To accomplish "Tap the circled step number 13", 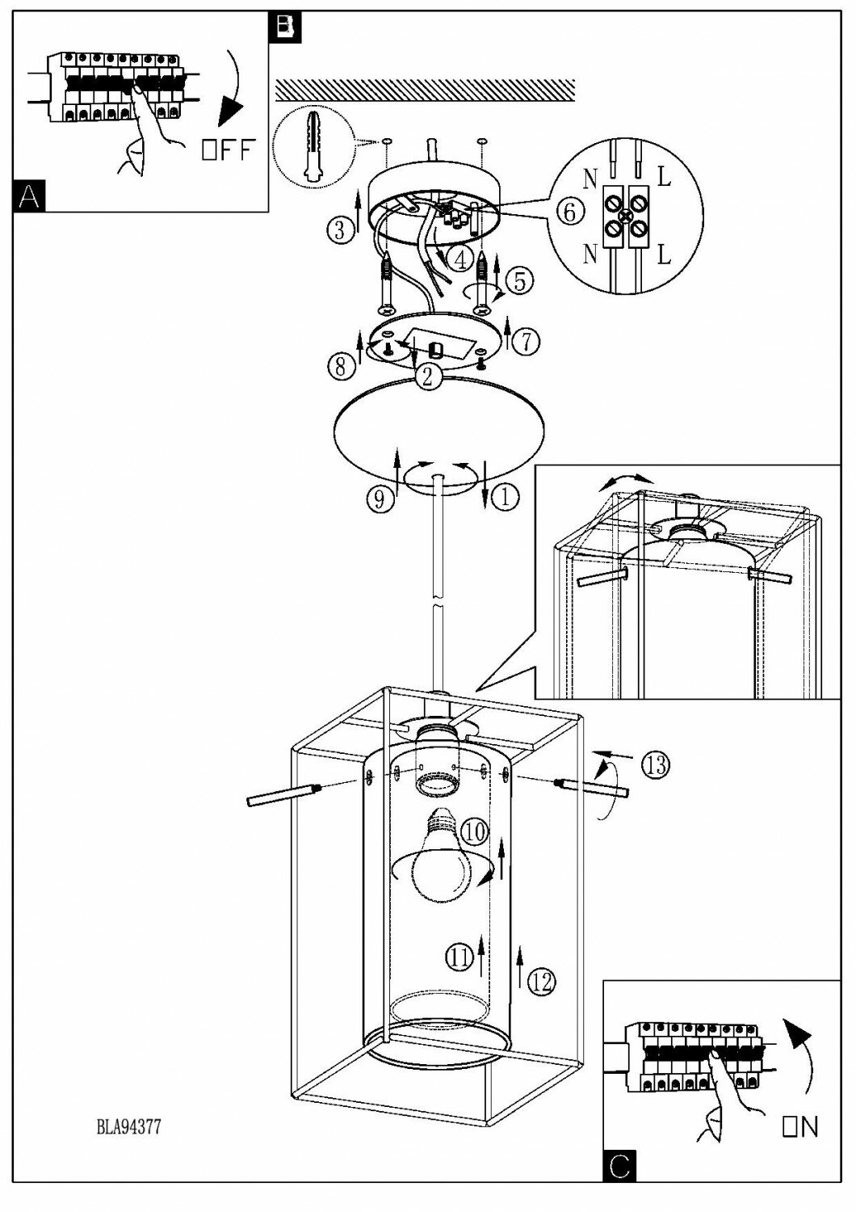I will pos(656,764).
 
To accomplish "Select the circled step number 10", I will pos(476,830).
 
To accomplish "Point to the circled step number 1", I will pos(506,498).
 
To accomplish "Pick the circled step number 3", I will pos(341,230).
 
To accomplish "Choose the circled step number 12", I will pos(542,982).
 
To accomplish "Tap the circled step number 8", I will pos(341,366).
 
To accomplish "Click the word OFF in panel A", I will pos(229,150).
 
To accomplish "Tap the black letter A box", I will pos(31,196).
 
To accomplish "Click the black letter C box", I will pos(619,1166).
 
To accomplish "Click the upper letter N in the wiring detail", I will pos(590,179).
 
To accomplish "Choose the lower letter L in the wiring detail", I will pos(664,255).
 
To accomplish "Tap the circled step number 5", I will pos(519,280).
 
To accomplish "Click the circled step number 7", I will pos(526,341).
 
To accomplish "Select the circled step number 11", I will pos(459,957).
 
